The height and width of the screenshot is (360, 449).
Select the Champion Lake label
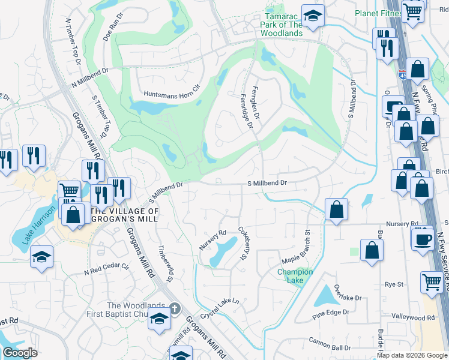point(295,276)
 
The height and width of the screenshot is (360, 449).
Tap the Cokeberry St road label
point(243,243)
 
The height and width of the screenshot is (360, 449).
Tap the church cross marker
point(173,308)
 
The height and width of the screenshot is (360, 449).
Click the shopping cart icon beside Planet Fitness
point(412,10)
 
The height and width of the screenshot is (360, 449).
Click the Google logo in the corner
point(20,353)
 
